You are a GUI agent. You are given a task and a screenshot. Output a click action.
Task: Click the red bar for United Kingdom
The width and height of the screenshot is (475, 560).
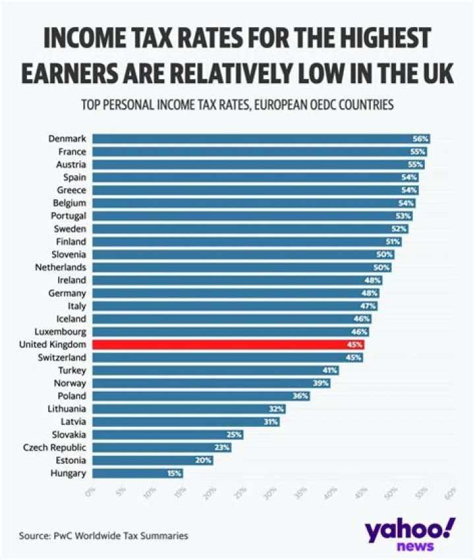[x=228, y=344]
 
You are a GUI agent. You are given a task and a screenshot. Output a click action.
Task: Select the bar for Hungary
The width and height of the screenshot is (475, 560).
[x=137, y=473]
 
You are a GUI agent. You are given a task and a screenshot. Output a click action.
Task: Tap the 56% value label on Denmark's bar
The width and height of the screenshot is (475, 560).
[x=421, y=139]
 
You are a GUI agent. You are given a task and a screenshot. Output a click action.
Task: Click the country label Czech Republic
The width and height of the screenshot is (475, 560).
[x=59, y=447]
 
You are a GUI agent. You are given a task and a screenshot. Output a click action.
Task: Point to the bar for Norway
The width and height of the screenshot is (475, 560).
[x=211, y=383]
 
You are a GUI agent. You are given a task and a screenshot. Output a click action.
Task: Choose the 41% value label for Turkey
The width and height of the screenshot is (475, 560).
[x=329, y=370]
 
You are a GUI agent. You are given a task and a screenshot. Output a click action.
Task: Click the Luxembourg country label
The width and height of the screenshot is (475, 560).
[x=61, y=332]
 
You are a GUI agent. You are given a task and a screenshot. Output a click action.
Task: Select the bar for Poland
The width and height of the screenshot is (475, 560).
[x=201, y=396]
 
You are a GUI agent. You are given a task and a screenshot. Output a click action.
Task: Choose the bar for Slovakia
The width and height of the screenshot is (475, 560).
[x=168, y=435]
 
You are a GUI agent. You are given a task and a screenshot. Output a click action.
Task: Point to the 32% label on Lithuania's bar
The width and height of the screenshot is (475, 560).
[x=276, y=409]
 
